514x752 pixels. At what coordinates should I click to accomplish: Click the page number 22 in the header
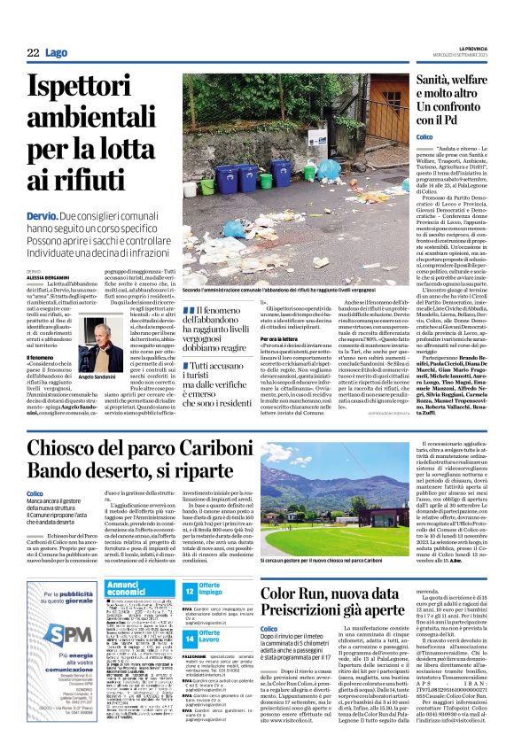pyautogui.click(x=33, y=53)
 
